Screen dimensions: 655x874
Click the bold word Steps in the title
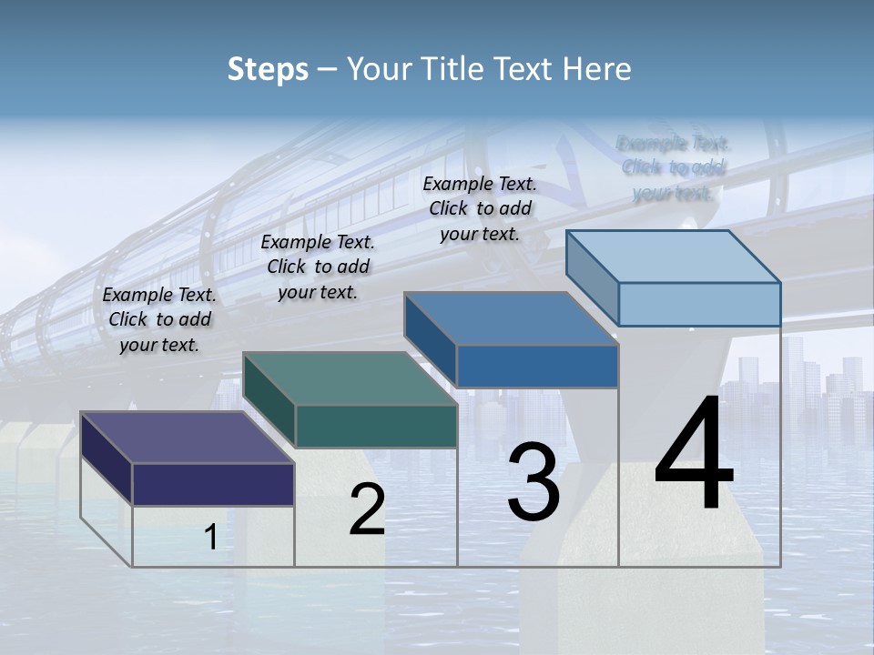click(x=268, y=69)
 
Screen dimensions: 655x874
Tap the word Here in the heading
click(x=597, y=69)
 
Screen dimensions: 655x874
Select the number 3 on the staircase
click(x=533, y=482)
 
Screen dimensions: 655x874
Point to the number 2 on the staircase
click(x=367, y=509)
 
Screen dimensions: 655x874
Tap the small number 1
click(x=210, y=538)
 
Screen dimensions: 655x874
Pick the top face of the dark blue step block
click(x=511, y=318)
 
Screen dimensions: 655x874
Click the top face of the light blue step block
click(x=673, y=257)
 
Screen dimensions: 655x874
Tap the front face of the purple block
click(x=213, y=484)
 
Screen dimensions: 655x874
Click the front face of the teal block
click(x=375, y=426)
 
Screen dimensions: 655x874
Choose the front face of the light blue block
click(x=699, y=304)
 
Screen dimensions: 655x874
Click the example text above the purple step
click(x=159, y=320)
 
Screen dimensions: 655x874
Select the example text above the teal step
click(x=318, y=267)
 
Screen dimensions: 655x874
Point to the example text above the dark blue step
click(x=480, y=209)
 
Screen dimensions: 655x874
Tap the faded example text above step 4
click(x=674, y=168)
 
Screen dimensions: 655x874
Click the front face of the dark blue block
click(x=537, y=366)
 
